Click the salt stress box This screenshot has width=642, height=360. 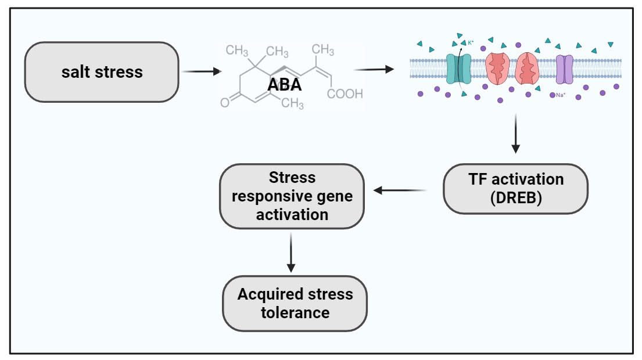pos(101,72)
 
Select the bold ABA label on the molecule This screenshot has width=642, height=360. pos(285,85)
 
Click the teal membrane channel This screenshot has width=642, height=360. pos(460,69)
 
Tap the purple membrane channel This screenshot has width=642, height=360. pos(564,69)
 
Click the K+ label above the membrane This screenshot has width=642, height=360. pos(471,42)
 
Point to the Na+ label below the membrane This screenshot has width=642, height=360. pos(561,95)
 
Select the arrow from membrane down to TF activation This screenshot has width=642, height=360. pos(516,133)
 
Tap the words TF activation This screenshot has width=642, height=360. pos(516,179)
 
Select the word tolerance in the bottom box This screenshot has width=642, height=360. pos(295,313)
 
